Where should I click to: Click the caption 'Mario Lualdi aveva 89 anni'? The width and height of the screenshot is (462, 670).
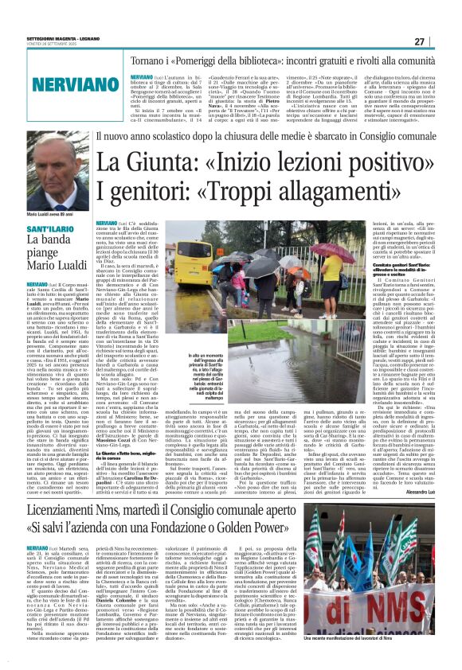pyautogui.click(x=51, y=214)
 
